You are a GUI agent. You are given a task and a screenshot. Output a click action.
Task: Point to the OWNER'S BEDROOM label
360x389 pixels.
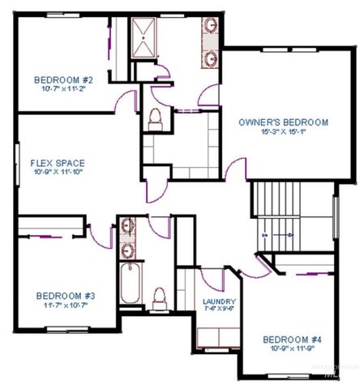(283, 122)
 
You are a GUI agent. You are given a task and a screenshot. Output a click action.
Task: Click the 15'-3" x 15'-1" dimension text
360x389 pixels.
(283, 132)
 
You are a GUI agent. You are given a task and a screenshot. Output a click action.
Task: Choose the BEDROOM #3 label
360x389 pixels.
(65, 297)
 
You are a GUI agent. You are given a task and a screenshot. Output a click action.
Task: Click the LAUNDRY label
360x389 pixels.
(219, 301)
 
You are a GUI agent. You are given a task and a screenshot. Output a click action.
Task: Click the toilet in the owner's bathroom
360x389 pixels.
(155, 119)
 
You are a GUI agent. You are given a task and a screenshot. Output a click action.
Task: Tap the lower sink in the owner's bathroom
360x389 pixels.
(211, 58)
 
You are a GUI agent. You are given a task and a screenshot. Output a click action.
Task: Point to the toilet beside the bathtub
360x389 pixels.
(161, 297)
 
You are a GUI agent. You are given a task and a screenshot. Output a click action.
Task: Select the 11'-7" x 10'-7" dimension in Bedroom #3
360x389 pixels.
(65, 306)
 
